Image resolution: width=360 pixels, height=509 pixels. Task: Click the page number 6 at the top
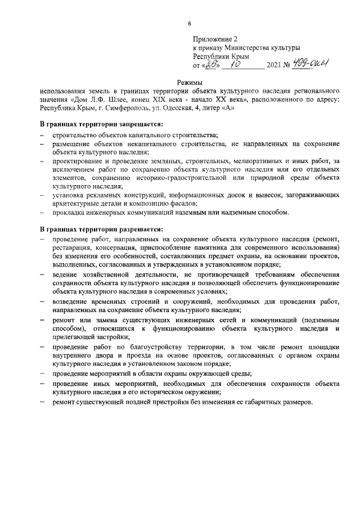point(189,23)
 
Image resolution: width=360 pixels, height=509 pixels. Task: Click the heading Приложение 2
point(215,39)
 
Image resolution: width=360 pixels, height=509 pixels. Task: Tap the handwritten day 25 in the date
point(210,65)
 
